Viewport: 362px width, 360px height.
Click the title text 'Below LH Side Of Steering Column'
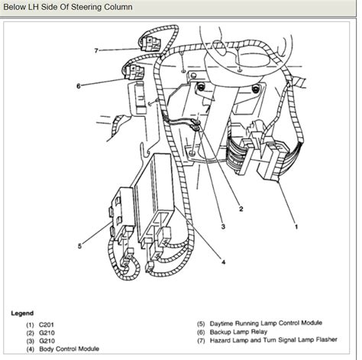pyautogui.click(x=66, y=7)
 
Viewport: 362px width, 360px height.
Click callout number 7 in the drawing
pyautogui.click(x=97, y=50)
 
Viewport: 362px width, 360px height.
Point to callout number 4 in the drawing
pyautogui.click(x=223, y=262)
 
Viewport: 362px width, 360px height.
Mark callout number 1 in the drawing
pyautogui.click(x=298, y=226)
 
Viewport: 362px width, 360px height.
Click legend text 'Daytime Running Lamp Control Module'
pyautogui.click(x=260, y=326)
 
